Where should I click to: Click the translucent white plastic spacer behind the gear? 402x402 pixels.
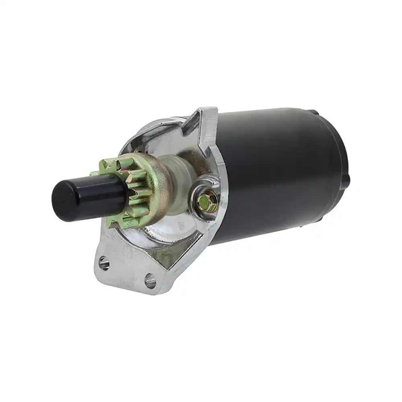pyautogui.click(x=179, y=189)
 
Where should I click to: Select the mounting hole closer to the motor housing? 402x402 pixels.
pyautogui.click(x=151, y=280)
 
